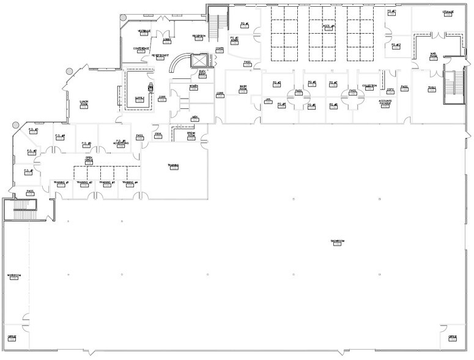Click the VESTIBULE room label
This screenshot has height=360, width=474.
pyautogui.click(x=144, y=31)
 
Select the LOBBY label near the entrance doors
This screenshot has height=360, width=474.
pyautogui.click(x=167, y=40)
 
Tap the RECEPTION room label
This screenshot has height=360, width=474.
pyautogui.click(x=198, y=37)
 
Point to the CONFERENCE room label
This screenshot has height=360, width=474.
pyautogui.click(x=142, y=49)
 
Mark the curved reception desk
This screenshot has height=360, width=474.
pyautogui.click(x=179, y=64)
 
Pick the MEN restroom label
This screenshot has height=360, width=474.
pyautogui.click(x=194, y=117)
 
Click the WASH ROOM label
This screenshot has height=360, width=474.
pyautogui.click(x=243, y=88)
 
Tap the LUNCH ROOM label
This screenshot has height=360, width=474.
pyautogui.click(x=84, y=103)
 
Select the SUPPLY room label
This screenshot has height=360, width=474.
pyautogui.click(x=139, y=98)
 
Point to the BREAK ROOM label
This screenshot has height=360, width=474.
pyautogui.click(x=191, y=134)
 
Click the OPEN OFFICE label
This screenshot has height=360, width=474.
pyautogui.click(x=89, y=159)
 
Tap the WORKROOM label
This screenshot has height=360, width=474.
pyautogui.click(x=14, y=276)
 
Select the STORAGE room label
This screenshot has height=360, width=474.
pyautogui.click(x=448, y=12)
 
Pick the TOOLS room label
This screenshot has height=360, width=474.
pyautogui.click(x=432, y=88)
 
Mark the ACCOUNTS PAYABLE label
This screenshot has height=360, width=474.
pyautogui.click(x=385, y=102)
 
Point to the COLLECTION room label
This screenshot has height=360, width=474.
pyautogui.click(x=369, y=86)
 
